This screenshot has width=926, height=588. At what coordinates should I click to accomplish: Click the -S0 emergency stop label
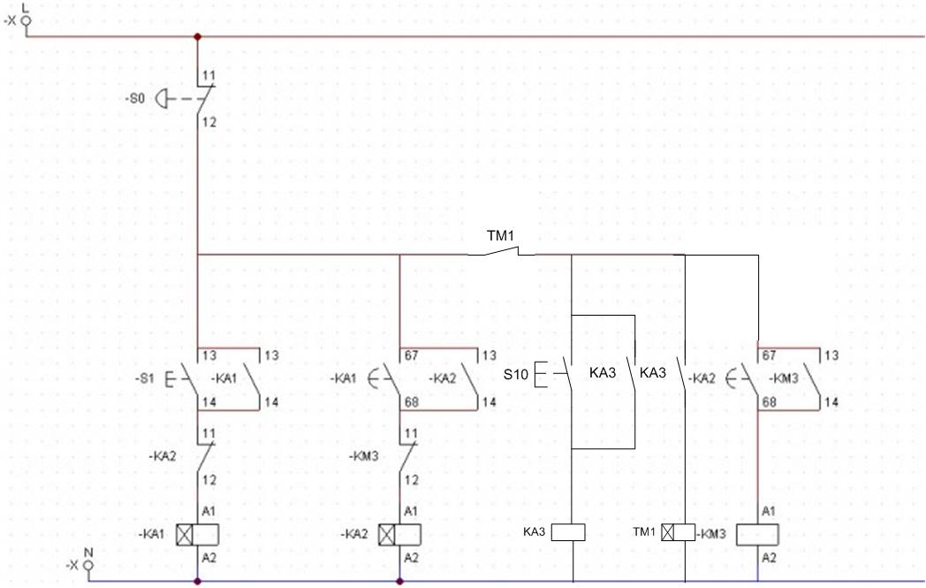coord(135,98)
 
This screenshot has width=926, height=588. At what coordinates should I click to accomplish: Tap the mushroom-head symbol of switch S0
coord(161,99)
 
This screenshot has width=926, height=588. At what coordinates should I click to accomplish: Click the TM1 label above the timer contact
coord(500,236)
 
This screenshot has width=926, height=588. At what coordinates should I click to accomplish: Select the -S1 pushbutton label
coord(145,378)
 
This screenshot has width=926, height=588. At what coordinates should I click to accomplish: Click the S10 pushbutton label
coord(515,375)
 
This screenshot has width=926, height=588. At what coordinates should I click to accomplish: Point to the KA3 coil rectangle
coord(568,532)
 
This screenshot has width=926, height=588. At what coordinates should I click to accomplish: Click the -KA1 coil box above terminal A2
coord(197,535)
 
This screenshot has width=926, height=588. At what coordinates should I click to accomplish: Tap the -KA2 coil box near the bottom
coord(399,535)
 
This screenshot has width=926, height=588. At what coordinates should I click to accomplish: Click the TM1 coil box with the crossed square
coord(678,532)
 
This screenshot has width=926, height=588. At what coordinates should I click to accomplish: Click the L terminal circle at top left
coord(26,21)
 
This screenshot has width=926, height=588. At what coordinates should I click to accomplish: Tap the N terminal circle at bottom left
coord(88,566)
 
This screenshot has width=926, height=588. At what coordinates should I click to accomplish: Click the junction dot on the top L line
coord(197,36)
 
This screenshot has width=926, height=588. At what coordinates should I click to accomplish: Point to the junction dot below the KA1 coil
coord(197,582)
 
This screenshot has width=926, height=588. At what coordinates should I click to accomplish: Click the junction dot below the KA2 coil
coord(399,582)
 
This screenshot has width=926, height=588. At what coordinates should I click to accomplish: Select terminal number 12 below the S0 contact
coord(209,122)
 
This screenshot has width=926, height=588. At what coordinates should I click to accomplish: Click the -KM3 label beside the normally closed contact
coord(364,456)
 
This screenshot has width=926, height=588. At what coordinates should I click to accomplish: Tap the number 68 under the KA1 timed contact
coord(411,401)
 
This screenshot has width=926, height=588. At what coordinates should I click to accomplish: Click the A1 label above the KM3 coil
coord(769,511)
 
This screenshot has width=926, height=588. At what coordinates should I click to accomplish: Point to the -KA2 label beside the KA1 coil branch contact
coord(163,456)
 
